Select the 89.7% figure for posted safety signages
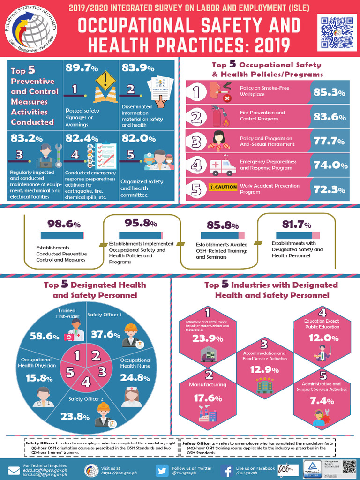pyautogui.click(x=78, y=68)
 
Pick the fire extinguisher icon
pyautogui.click(x=217, y=116)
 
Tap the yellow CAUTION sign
pyautogui.click(x=223, y=187)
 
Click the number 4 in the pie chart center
pyautogui.click(x=86, y=382)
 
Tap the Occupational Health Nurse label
pyautogui.click(x=135, y=363)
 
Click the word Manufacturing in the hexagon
pyautogui.click(x=207, y=384)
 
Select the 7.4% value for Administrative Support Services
pyautogui.click(x=322, y=401)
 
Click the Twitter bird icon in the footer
pyautogui.click(x=162, y=471)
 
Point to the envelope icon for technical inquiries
pyautogui.click(x=13, y=471)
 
